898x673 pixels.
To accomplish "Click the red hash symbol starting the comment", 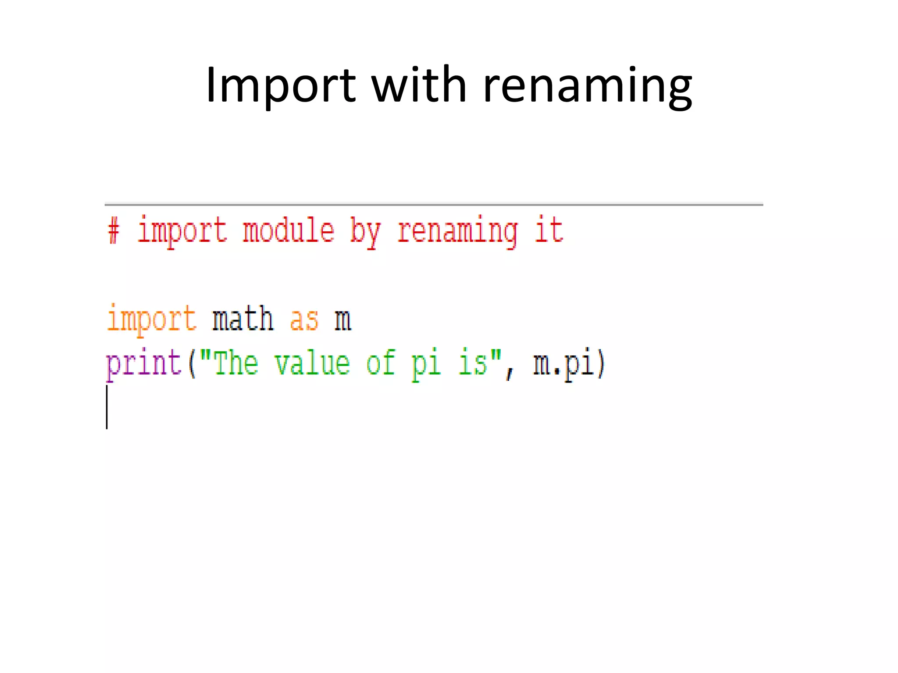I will point(114,231).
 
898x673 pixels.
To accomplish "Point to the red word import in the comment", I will point(182,231).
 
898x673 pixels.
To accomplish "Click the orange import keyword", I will point(151,319).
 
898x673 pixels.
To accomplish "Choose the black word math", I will point(243,319).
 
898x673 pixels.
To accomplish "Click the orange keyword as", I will point(304,319).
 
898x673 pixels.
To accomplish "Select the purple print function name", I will point(144,364).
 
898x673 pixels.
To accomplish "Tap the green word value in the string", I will point(312,363).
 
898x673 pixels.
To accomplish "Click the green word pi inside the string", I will point(426,364).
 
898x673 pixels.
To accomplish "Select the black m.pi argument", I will point(563,364).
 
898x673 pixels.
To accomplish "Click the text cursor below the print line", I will point(107,407).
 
